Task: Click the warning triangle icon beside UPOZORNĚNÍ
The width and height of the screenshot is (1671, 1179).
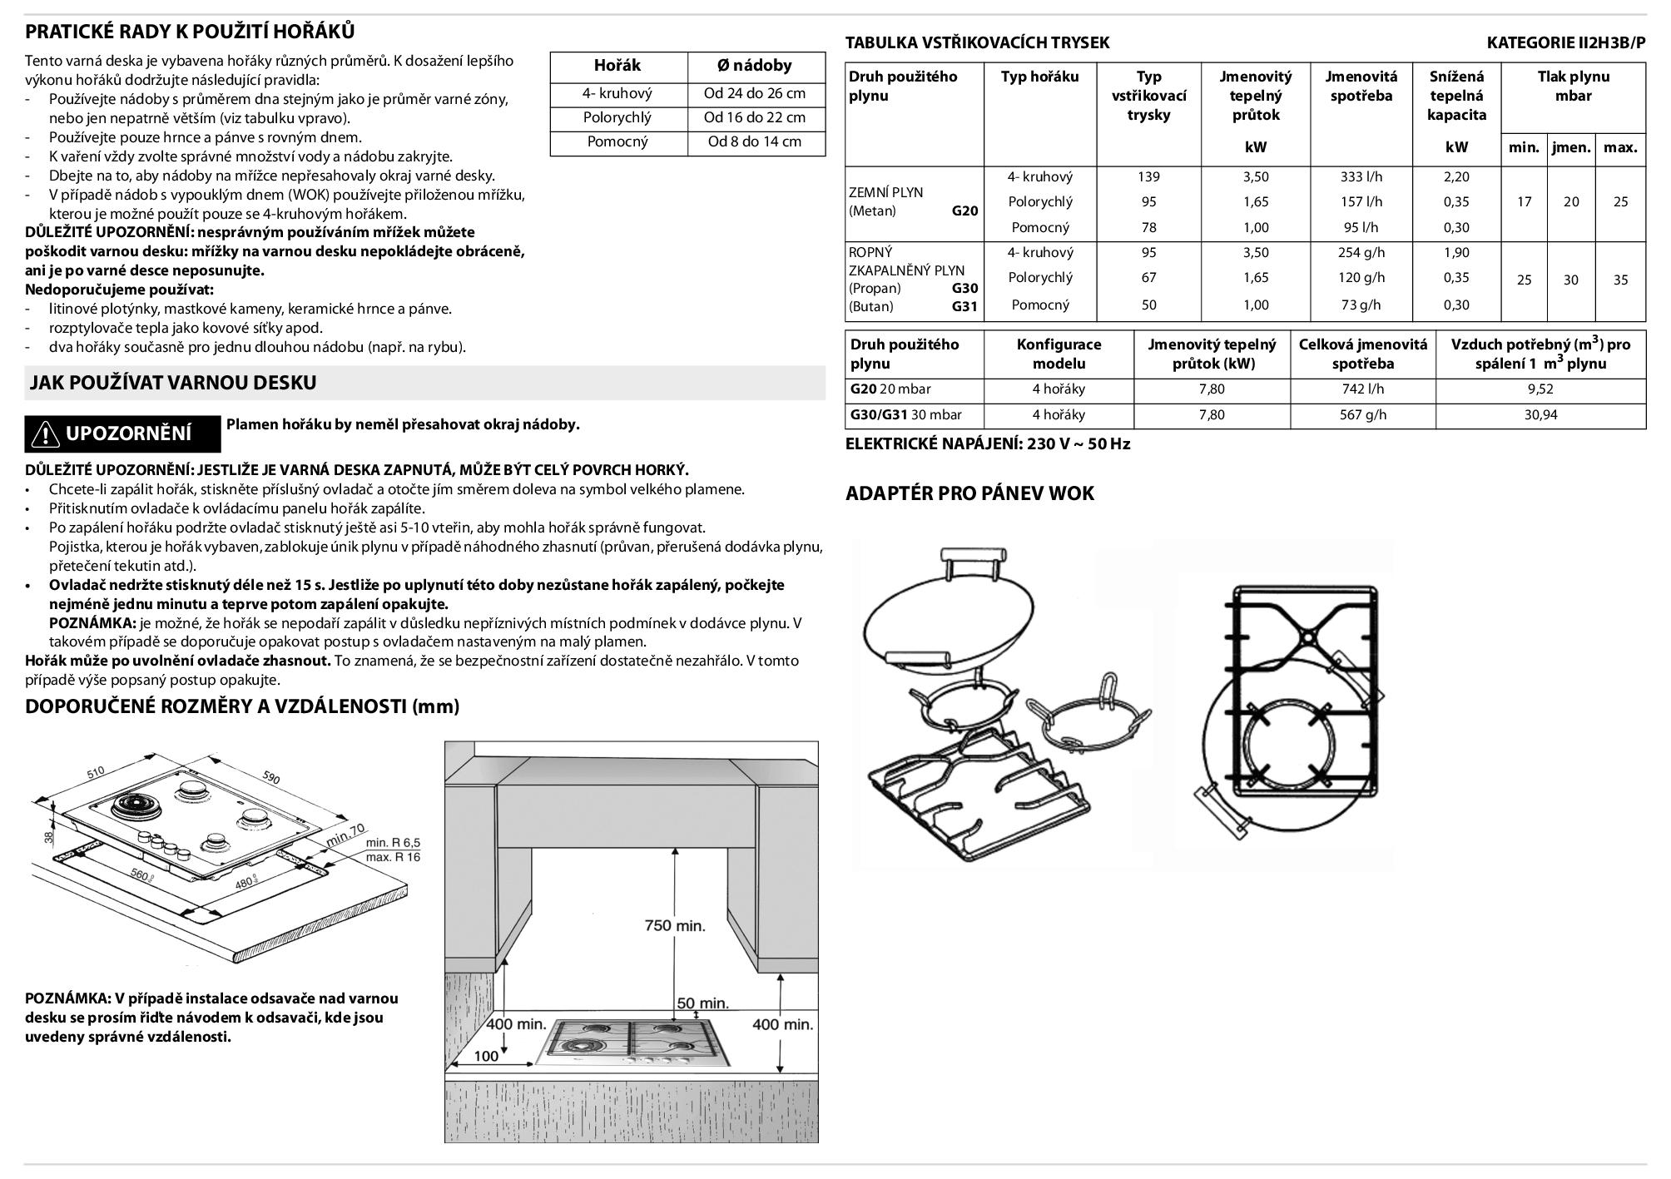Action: [44, 433]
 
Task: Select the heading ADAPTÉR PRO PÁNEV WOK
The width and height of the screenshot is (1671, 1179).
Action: [969, 493]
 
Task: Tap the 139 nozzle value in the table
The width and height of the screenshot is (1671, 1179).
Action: [1148, 176]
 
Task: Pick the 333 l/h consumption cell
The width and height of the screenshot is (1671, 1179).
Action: [1361, 176]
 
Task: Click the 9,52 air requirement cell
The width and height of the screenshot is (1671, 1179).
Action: [1540, 389]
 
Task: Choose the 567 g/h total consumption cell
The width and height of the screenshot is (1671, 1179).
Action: [1363, 414]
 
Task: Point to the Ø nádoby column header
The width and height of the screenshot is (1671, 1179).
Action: [755, 66]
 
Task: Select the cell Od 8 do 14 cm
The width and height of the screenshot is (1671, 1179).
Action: [755, 141]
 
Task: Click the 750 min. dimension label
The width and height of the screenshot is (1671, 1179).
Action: [675, 925]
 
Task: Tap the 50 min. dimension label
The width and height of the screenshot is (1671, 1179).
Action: [702, 1003]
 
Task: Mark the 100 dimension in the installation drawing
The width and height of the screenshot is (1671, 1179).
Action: [486, 1057]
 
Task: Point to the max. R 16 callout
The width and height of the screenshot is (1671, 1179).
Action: [394, 857]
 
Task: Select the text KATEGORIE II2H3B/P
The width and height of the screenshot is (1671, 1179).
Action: [1566, 43]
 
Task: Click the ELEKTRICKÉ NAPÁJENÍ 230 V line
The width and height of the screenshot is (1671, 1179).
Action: [988, 443]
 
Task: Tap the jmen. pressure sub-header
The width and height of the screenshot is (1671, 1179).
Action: [1571, 148]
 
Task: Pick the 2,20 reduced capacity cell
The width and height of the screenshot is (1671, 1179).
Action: [1456, 176]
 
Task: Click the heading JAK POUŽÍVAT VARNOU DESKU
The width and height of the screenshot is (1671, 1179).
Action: [173, 383]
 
